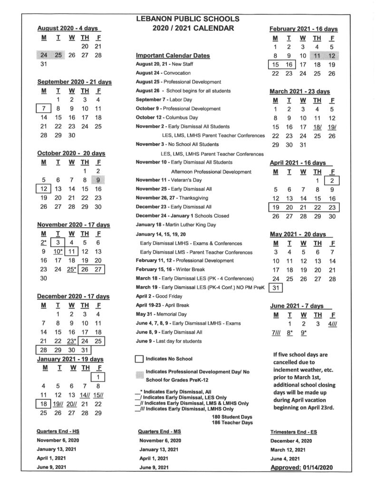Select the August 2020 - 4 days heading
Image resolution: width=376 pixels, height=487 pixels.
click(67, 29)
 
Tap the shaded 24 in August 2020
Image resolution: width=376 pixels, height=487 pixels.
click(44, 55)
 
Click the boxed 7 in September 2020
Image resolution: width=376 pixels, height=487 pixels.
click(43, 108)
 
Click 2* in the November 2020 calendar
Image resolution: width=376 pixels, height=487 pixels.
click(43, 243)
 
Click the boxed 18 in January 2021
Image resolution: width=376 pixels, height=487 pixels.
click(43, 404)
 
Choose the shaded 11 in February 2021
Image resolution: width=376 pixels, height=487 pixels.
click(317, 56)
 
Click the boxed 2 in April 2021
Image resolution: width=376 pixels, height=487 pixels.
click(332, 180)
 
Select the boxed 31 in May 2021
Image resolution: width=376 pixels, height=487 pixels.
click(275, 288)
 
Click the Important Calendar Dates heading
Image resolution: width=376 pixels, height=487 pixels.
click(173, 56)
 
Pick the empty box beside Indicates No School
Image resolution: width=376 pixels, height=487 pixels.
click(139, 358)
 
